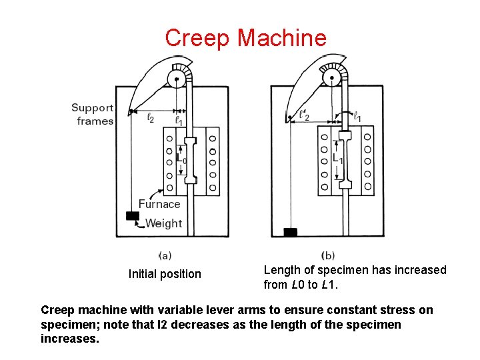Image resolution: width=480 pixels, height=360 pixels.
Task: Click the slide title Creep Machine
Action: tap(245, 37)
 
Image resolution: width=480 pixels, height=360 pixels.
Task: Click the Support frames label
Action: tap(93, 114)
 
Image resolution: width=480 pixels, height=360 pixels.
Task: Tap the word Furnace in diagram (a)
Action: tap(159, 204)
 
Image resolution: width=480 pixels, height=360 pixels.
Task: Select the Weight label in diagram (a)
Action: tap(163, 223)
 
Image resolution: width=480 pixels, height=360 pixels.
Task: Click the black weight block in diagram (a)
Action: tap(133, 216)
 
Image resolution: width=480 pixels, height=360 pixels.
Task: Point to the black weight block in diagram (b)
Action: tap(290, 232)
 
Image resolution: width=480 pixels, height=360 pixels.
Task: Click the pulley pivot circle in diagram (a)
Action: tap(176, 81)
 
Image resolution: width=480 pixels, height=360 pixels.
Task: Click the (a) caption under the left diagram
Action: tap(165, 255)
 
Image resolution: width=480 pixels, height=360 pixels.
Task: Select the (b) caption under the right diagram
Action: tap(328, 255)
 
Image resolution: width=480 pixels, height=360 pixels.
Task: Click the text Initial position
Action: tap(165, 274)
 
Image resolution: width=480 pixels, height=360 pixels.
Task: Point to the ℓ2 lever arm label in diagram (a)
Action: tap(151, 119)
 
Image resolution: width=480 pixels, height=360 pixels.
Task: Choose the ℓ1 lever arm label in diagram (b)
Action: tap(357, 117)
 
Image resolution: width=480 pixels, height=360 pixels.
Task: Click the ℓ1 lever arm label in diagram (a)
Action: tap(179, 120)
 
